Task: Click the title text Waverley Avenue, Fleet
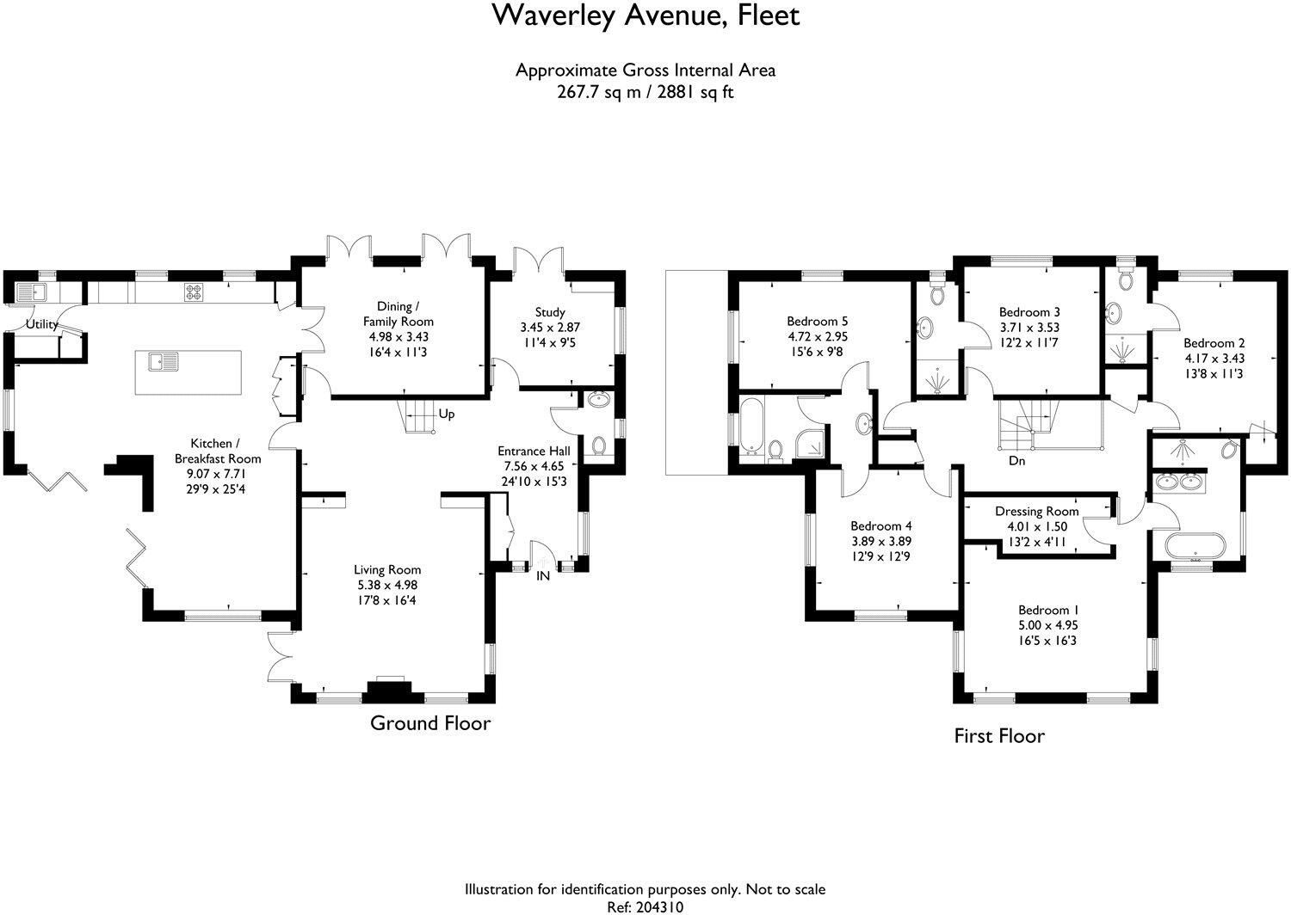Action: [645, 16]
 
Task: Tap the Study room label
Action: [550, 312]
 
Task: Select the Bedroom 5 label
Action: [818, 321]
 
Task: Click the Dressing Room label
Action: [1037, 512]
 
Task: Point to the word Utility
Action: [42, 324]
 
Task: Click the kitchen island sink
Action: [164, 362]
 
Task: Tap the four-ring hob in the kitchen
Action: [194, 292]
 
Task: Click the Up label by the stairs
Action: [447, 414]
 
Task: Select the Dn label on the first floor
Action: [1016, 461]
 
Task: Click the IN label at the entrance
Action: [543, 575]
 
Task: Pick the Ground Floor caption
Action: [430, 723]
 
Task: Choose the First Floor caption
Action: [999, 736]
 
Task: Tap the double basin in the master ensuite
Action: [1179, 481]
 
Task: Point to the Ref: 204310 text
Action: [645, 907]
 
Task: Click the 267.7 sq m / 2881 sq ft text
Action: [645, 92]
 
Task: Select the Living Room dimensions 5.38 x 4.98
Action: [387, 585]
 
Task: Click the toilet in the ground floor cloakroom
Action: [599, 445]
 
